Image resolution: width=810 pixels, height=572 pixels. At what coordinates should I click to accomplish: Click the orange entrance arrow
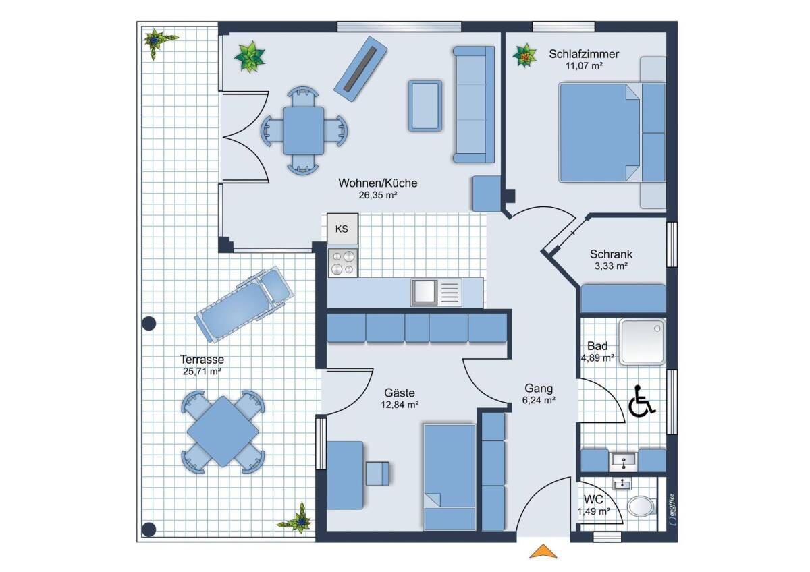pyautogui.click(x=543, y=551)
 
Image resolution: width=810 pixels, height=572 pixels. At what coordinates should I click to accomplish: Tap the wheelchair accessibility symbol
pyautogui.click(x=641, y=401)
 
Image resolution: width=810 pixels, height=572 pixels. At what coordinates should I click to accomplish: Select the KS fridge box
pyautogui.click(x=342, y=229)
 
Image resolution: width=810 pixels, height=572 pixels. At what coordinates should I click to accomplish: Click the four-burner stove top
pyautogui.click(x=343, y=262)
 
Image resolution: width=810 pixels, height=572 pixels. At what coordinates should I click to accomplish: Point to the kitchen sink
pyautogui.click(x=437, y=292)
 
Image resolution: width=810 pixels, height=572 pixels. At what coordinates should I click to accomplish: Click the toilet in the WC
pyautogui.click(x=642, y=507)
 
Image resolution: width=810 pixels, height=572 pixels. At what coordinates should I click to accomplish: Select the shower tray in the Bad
pyautogui.click(x=642, y=341)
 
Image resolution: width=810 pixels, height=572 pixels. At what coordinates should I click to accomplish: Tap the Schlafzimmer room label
pyautogui.click(x=584, y=54)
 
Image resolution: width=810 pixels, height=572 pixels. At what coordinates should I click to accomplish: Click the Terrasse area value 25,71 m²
pyautogui.click(x=202, y=371)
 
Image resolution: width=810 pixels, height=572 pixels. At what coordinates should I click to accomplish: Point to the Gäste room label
pyautogui.click(x=400, y=393)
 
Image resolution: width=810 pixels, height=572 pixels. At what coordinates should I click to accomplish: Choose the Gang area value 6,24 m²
pyautogui.click(x=539, y=400)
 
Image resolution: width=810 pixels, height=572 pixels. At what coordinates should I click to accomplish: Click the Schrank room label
pyautogui.click(x=611, y=254)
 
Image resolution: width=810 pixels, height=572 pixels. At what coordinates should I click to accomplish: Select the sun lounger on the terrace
pyautogui.click(x=244, y=305)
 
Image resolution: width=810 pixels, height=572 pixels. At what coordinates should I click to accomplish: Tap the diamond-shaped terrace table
pyautogui.click(x=223, y=432)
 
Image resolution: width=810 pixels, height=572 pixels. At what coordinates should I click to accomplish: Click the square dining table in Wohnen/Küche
pyautogui.click(x=303, y=130)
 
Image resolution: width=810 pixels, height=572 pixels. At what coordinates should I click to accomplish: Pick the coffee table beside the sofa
pyautogui.click(x=425, y=105)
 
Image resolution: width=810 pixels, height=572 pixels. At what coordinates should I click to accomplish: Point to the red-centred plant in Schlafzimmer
pyautogui.click(x=524, y=56)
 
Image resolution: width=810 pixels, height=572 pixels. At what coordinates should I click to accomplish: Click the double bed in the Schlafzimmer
pyautogui.click(x=612, y=133)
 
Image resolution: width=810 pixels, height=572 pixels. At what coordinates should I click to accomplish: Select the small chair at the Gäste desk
pyautogui.click(x=377, y=473)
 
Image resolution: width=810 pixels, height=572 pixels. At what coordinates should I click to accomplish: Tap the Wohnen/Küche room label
pyautogui.click(x=378, y=183)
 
